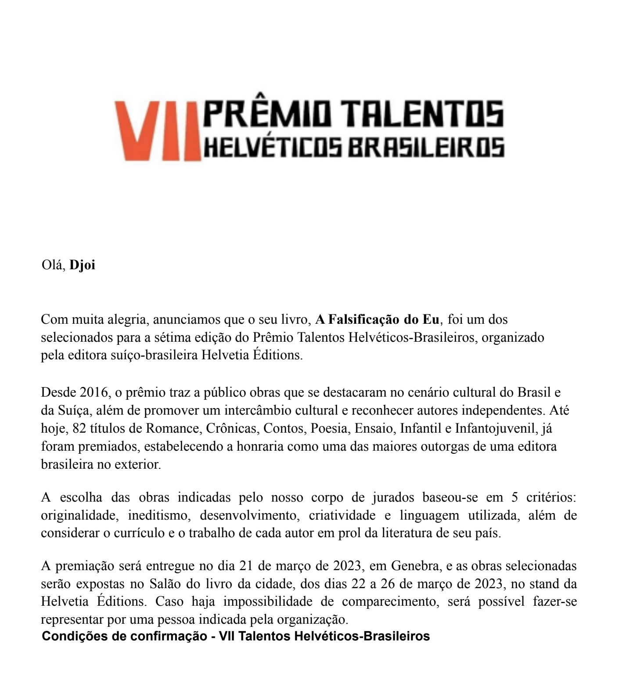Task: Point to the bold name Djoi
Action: coord(82,265)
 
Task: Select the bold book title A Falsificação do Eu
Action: coord(377,319)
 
